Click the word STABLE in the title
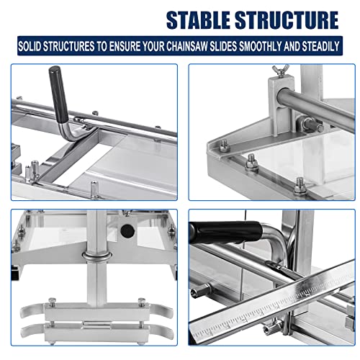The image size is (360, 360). coord(199,20)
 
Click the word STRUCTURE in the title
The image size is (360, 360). coord(287,20)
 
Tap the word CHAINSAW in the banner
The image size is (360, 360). coord(187,46)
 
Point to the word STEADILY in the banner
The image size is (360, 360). coord(320,46)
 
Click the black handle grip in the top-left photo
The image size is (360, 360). coord(58,94)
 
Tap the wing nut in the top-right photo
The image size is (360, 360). coord(280,71)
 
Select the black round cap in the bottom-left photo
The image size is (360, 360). coord(127,230)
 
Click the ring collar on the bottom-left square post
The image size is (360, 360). coord(96,256)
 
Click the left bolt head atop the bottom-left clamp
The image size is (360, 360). coord(52,301)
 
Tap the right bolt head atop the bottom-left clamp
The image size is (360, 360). coord(142,301)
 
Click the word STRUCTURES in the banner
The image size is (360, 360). coord(69,46)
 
